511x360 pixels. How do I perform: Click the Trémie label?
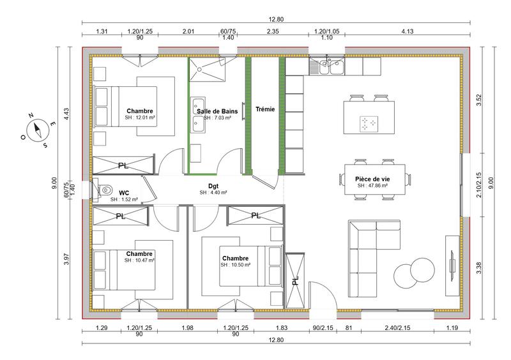(x=264, y=109)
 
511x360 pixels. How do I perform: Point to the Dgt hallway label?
(x=213, y=186)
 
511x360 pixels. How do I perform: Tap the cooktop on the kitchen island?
(x=369, y=124)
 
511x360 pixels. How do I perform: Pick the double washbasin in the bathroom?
(x=197, y=116)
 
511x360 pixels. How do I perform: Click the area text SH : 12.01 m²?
(x=140, y=117)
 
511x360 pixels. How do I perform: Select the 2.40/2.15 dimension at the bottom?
(x=397, y=329)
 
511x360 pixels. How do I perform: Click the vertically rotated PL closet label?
(x=295, y=280)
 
